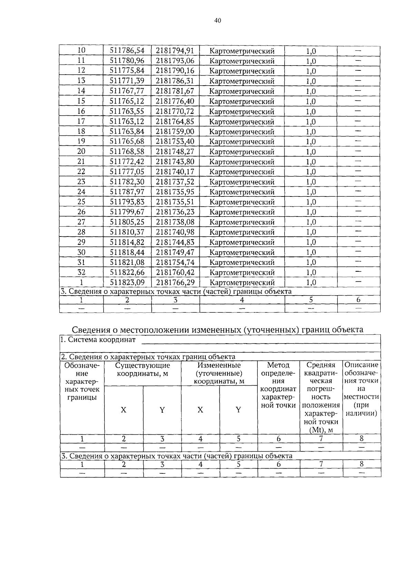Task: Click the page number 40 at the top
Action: click(x=217, y=21)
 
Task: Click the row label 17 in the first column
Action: click(x=81, y=121)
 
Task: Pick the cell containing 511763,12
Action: click(x=127, y=121)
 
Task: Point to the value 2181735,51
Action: click(x=175, y=202)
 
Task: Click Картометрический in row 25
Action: click(x=242, y=202)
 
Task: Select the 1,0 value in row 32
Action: click(x=311, y=272)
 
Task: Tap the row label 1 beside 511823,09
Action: click(x=81, y=282)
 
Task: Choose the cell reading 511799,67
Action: click(x=127, y=212)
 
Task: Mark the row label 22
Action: click(x=81, y=172)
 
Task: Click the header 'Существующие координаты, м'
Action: click(x=142, y=369)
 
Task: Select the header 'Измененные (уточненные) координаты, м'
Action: click(x=219, y=373)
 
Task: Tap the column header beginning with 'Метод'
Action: click(x=278, y=365)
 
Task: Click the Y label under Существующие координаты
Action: click(x=162, y=410)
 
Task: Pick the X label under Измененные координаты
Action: click(x=200, y=410)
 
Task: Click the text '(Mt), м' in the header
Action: click(x=321, y=430)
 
